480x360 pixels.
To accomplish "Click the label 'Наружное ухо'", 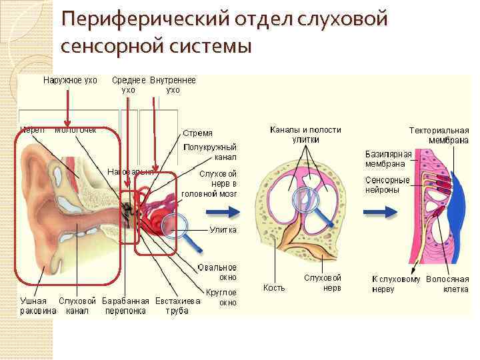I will coord(70,81).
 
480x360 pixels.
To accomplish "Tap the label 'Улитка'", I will coord(223,229).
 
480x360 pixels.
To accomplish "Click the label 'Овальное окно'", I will coord(217,272).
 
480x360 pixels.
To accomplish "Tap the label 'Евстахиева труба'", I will coord(177,306).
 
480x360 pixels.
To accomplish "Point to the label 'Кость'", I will coord(274,288).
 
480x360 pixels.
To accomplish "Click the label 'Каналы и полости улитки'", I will coord(305,135).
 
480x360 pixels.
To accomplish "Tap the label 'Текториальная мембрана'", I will coord(438,135).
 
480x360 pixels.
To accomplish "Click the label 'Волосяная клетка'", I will coord(447,284).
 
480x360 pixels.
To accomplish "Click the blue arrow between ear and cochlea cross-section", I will coord(218,212).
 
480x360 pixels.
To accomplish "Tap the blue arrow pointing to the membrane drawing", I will coord(376,212).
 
